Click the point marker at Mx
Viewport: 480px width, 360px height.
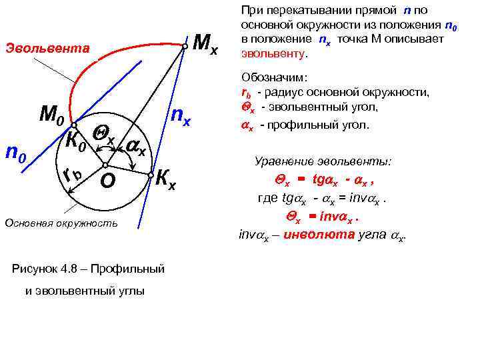coord(185,46)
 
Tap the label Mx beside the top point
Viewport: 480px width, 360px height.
coord(204,44)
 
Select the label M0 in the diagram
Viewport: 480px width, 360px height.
coord(51,115)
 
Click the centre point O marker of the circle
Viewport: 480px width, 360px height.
coord(105,165)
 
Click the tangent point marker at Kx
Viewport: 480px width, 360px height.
coord(151,175)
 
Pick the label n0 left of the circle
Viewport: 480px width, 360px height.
coord(15,154)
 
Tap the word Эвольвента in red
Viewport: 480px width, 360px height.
coord(47,48)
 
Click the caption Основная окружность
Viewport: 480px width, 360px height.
coord(61,222)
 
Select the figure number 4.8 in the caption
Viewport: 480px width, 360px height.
coord(67,269)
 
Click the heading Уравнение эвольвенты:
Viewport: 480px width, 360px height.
coord(324,161)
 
